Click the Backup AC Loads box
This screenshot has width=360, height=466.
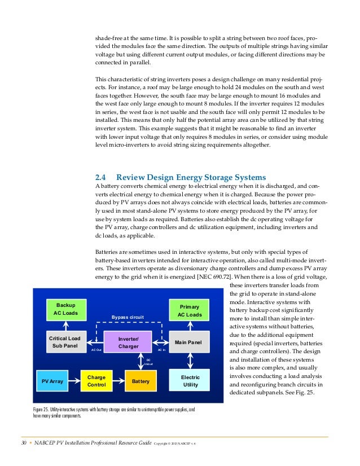[66, 309]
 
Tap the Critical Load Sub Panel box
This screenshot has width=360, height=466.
[66, 342]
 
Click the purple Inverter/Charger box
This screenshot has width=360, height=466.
[128, 342]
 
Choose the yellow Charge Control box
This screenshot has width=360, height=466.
[96, 381]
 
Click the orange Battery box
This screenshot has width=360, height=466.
[140, 381]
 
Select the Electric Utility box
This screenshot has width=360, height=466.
[190, 381]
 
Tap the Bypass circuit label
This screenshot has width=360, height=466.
[128, 318]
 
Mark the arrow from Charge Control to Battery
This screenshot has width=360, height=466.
[118, 381]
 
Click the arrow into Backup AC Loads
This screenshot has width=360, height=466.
[66, 325]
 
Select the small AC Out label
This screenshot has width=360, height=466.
[96, 350]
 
